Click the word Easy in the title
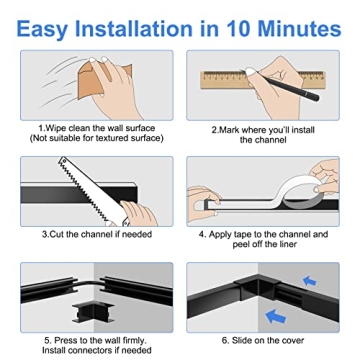pos(42,28)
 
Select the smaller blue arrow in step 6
pos(310,282)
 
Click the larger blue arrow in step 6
pos(276,316)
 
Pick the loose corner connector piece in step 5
pos(92,313)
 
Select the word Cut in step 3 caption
pos(56,234)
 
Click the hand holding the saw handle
pos(138,213)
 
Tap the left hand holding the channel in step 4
pos(203,203)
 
